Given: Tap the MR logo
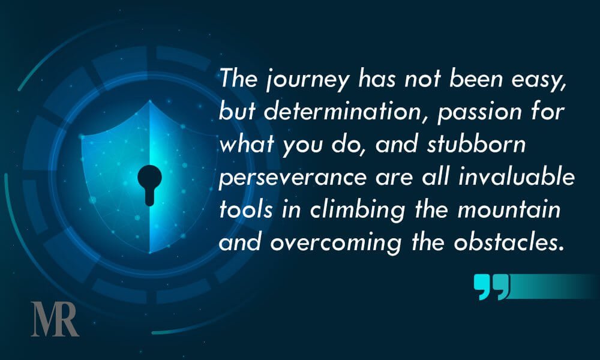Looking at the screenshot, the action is (55, 319).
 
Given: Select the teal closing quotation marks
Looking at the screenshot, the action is (492, 287).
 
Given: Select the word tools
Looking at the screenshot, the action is (246, 209).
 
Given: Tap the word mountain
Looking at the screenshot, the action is (509, 209).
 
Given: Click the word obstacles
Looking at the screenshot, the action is (509, 241).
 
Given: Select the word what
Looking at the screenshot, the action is (247, 144).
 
